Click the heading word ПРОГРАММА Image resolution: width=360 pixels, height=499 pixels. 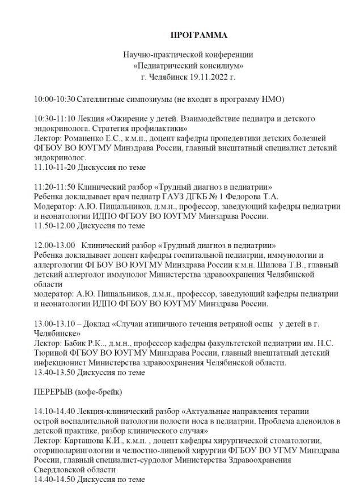click(198, 35)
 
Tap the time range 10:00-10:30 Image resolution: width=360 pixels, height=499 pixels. click(54, 99)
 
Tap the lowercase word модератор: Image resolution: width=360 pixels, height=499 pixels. click(54, 294)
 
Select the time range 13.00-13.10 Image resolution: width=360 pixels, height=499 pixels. click(55, 323)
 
